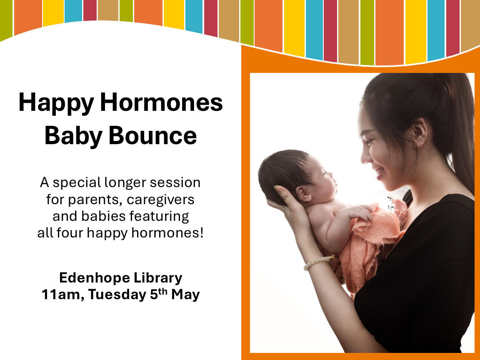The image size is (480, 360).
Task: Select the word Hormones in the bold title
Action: pos(161,102)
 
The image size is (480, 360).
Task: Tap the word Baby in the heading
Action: pos(73,136)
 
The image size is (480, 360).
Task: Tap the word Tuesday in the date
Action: pos(117,295)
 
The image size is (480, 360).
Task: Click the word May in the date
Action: pos(185,295)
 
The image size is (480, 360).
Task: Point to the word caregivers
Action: pos(160,200)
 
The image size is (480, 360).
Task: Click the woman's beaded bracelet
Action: pos(318,262)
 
